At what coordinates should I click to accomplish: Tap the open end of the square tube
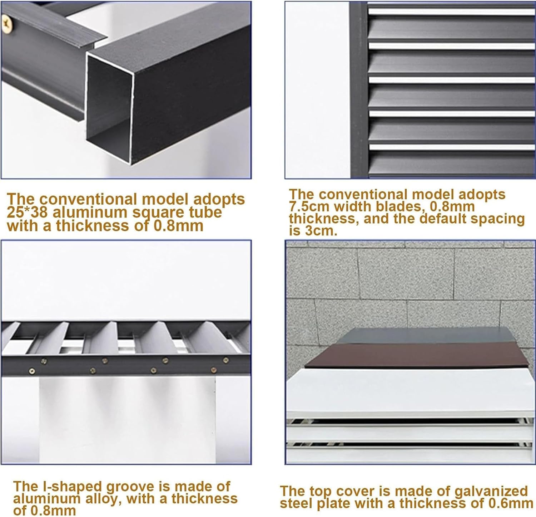click(x=109, y=109)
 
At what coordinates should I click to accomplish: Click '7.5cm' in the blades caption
click(x=306, y=206)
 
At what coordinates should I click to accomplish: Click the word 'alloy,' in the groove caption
click(x=103, y=499)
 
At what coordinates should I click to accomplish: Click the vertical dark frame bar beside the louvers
click(x=358, y=89)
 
